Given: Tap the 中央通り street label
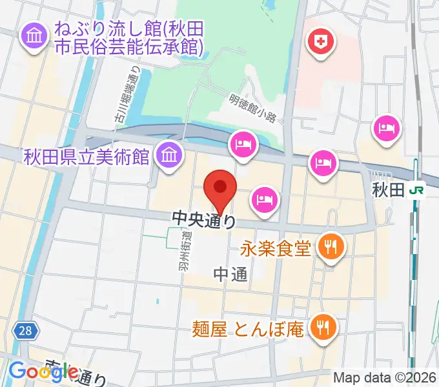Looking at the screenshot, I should pyautogui.click(x=203, y=220).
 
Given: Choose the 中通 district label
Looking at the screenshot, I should pyautogui.click(x=230, y=275).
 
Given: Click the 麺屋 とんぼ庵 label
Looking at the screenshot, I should pyautogui.click(x=248, y=330).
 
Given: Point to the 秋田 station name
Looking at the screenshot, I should pyautogui.click(x=388, y=190).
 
